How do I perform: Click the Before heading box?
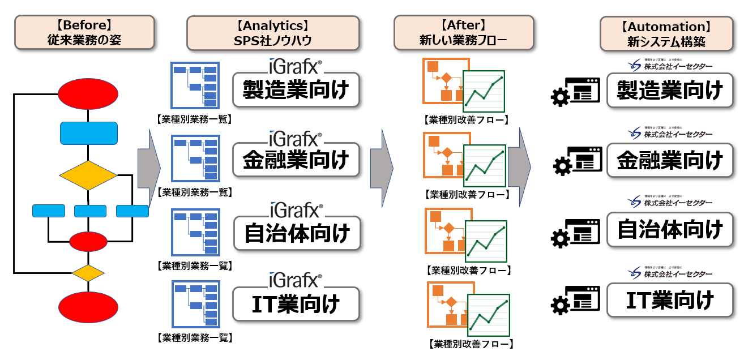coord(84,32)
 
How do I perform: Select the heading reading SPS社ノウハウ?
coord(272,32)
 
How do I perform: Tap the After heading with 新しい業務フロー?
coord(463,32)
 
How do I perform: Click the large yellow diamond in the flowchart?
coord(88,175)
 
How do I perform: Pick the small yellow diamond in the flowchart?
coord(88,273)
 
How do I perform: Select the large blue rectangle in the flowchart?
coord(89,134)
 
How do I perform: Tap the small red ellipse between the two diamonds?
coord(88,242)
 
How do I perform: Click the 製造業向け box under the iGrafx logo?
coord(296,90)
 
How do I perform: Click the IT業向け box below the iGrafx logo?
coord(296,303)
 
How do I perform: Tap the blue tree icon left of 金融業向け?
coord(195,158)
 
